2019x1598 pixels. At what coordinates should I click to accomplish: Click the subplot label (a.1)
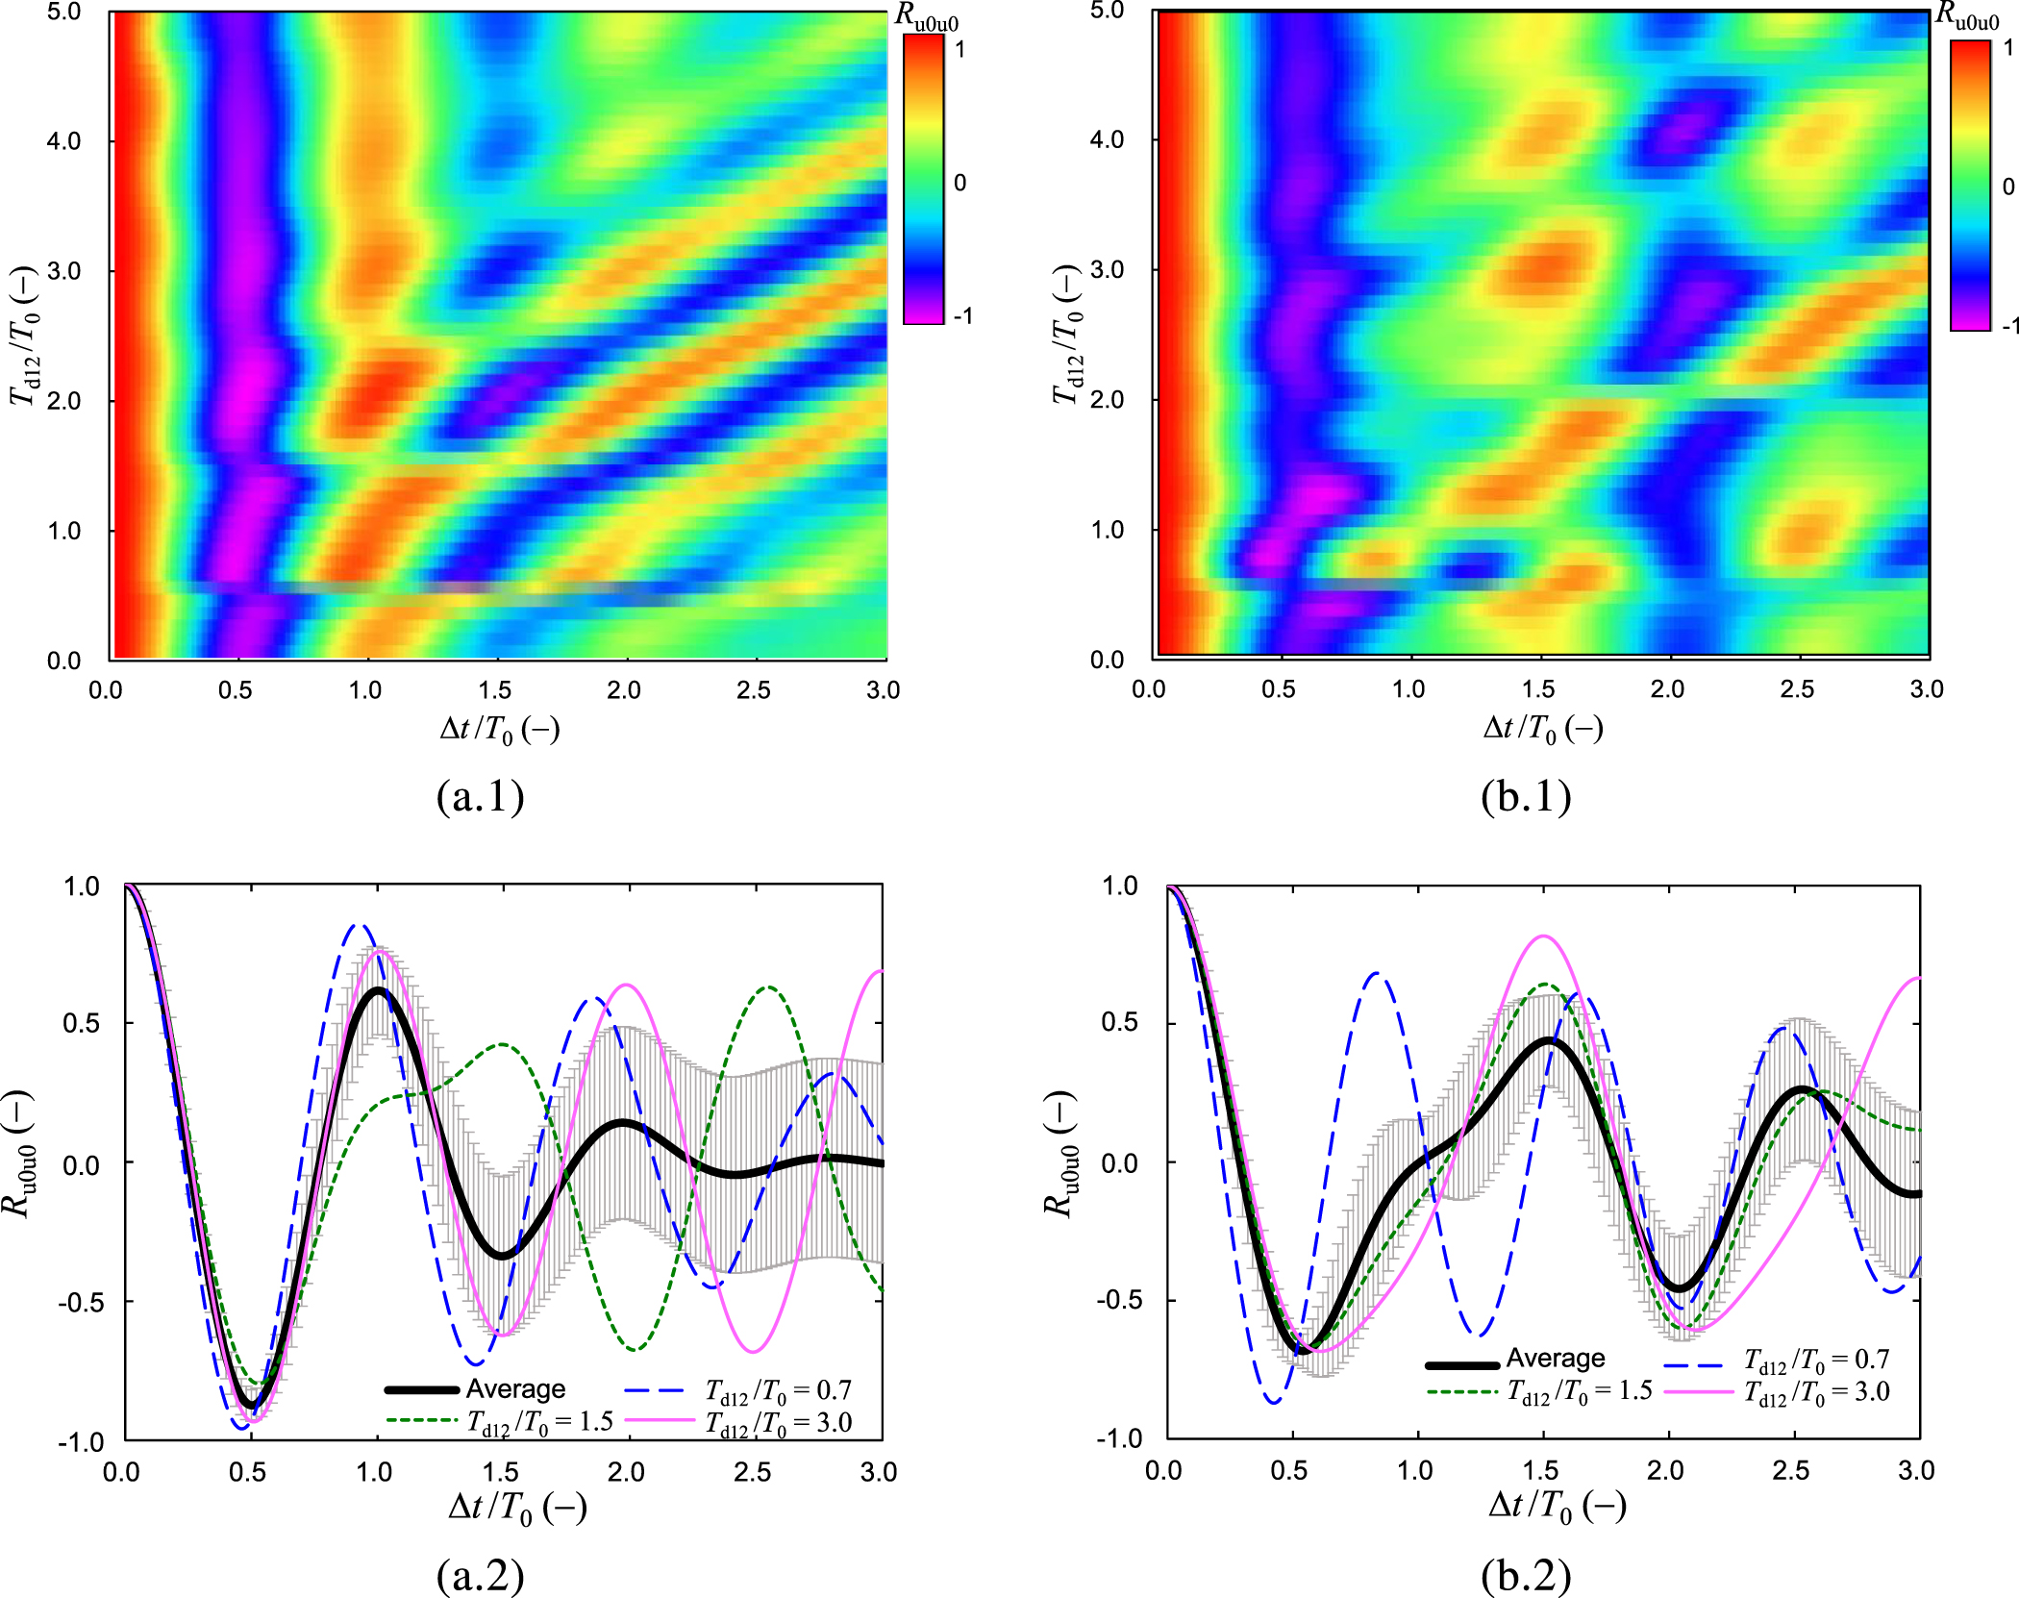pos(480,796)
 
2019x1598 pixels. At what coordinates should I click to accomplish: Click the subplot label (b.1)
pos(1526,796)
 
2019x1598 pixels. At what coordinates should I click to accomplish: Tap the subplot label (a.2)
pos(480,1575)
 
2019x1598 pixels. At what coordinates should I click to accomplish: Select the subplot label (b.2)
pos(1526,1575)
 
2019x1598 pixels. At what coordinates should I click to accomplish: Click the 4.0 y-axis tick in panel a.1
pos(64,141)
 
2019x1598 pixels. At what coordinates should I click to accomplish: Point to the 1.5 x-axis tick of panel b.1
pos(1538,689)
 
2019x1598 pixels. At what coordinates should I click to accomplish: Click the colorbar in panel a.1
pos(923,179)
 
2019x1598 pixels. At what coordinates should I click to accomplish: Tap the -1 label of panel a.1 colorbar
pos(961,316)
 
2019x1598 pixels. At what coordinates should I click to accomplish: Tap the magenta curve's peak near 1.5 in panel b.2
pos(1543,936)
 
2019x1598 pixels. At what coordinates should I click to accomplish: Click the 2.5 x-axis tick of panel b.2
pos(1791,1471)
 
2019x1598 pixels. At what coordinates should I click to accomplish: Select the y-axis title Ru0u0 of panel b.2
pos(1061,1154)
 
